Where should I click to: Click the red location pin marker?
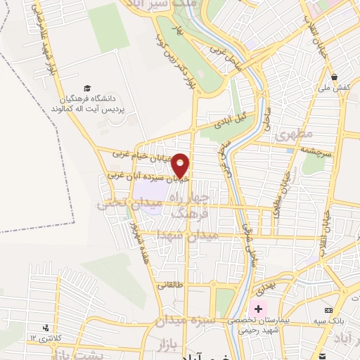point(181,165)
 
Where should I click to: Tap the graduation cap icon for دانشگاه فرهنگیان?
point(86,89)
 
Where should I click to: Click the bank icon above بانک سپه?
point(328,310)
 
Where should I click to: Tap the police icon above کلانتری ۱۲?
point(46,327)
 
